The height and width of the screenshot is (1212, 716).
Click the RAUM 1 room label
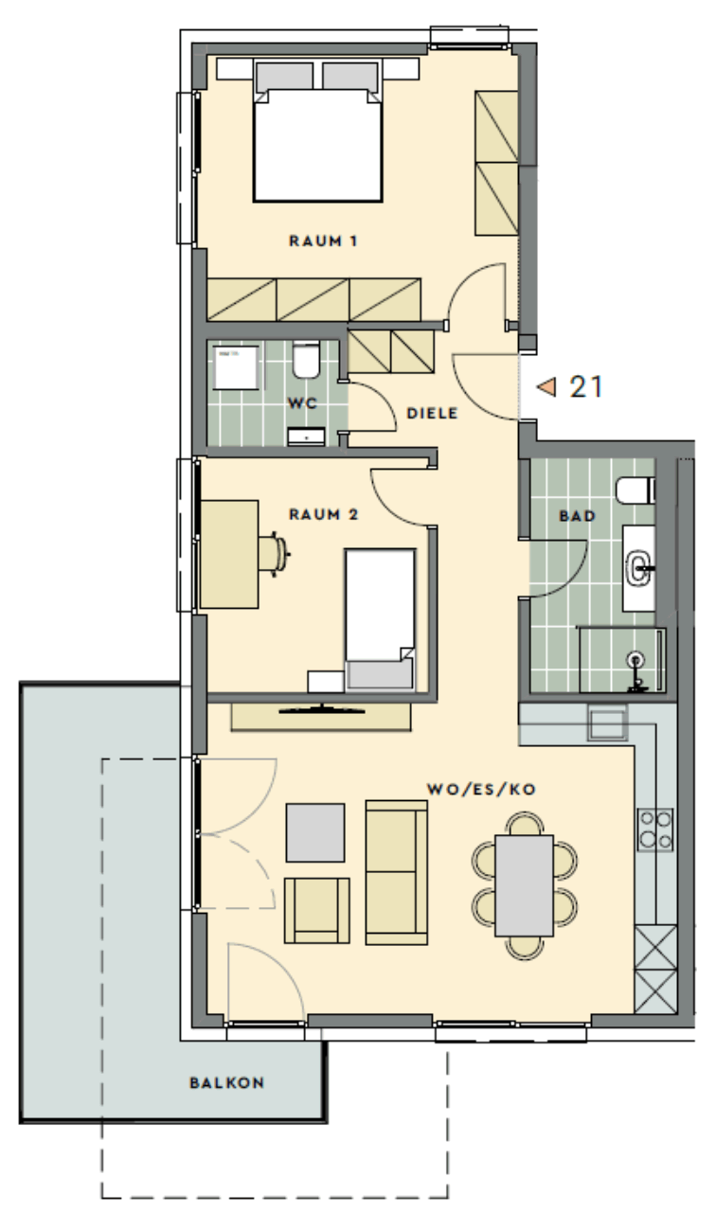[x=323, y=241]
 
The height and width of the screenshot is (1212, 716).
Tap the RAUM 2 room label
[x=324, y=514]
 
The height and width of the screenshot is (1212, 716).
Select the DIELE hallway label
[x=433, y=414]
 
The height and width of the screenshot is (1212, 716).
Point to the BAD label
[x=578, y=516]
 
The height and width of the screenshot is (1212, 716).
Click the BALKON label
[x=226, y=1082]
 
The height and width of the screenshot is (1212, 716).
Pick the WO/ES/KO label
[x=482, y=790]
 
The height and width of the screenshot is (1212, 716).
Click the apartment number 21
[x=586, y=387]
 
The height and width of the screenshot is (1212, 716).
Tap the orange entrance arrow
[x=546, y=387]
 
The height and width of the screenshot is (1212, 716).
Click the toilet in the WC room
[x=306, y=359]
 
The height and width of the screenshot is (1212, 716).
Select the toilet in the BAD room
[x=635, y=490]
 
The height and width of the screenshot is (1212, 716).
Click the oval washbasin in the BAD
[x=638, y=568]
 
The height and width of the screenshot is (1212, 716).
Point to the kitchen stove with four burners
[x=655, y=829]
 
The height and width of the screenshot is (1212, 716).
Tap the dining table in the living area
[x=524, y=885]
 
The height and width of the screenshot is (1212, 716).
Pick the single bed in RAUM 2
[x=381, y=620]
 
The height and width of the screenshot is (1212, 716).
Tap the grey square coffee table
[x=315, y=832]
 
